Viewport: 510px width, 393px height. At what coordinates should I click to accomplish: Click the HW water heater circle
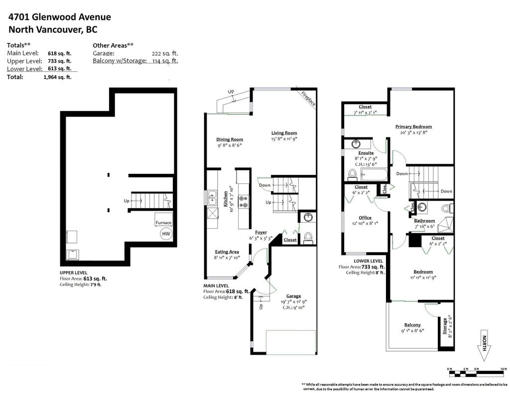pyautogui.click(x=166, y=234)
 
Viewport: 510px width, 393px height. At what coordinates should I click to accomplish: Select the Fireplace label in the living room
pyautogui.click(x=308, y=98)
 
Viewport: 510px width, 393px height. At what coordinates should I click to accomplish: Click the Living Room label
pyautogui.click(x=284, y=132)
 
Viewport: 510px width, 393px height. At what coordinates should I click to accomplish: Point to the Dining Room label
pyautogui.click(x=230, y=139)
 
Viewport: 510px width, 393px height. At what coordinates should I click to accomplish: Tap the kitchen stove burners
pyautogui.click(x=243, y=201)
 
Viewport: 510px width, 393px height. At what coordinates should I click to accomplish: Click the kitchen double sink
pyautogui.click(x=212, y=198)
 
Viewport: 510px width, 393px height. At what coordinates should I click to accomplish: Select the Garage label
pyautogui.click(x=293, y=296)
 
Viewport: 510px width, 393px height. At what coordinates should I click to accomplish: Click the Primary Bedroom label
pyautogui.click(x=413, y=127)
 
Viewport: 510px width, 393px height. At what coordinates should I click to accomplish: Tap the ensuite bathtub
pyautogui.click(x=374, y=174)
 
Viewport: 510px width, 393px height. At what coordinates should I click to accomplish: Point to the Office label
pyautogui.click(x=365, y=218)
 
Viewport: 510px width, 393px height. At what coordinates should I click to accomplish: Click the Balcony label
pyautogui.click(x=412, y=325)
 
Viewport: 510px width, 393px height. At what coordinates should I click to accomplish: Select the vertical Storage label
pyautogui.click(x=445, y=326)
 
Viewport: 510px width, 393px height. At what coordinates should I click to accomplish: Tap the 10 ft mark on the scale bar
pyautogui.click(x=504, y=369)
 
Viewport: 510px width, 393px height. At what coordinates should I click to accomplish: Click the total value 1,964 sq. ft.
pyautogui.click(x=58, y=77)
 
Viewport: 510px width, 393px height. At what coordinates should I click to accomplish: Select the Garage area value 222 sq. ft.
pyautogui.click(x=164, y=53)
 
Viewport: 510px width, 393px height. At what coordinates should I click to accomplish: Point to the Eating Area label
pyautogui.click(x=227, y=252)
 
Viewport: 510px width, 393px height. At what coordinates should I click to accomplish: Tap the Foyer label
pyautogui.click(x=261, y=232)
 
